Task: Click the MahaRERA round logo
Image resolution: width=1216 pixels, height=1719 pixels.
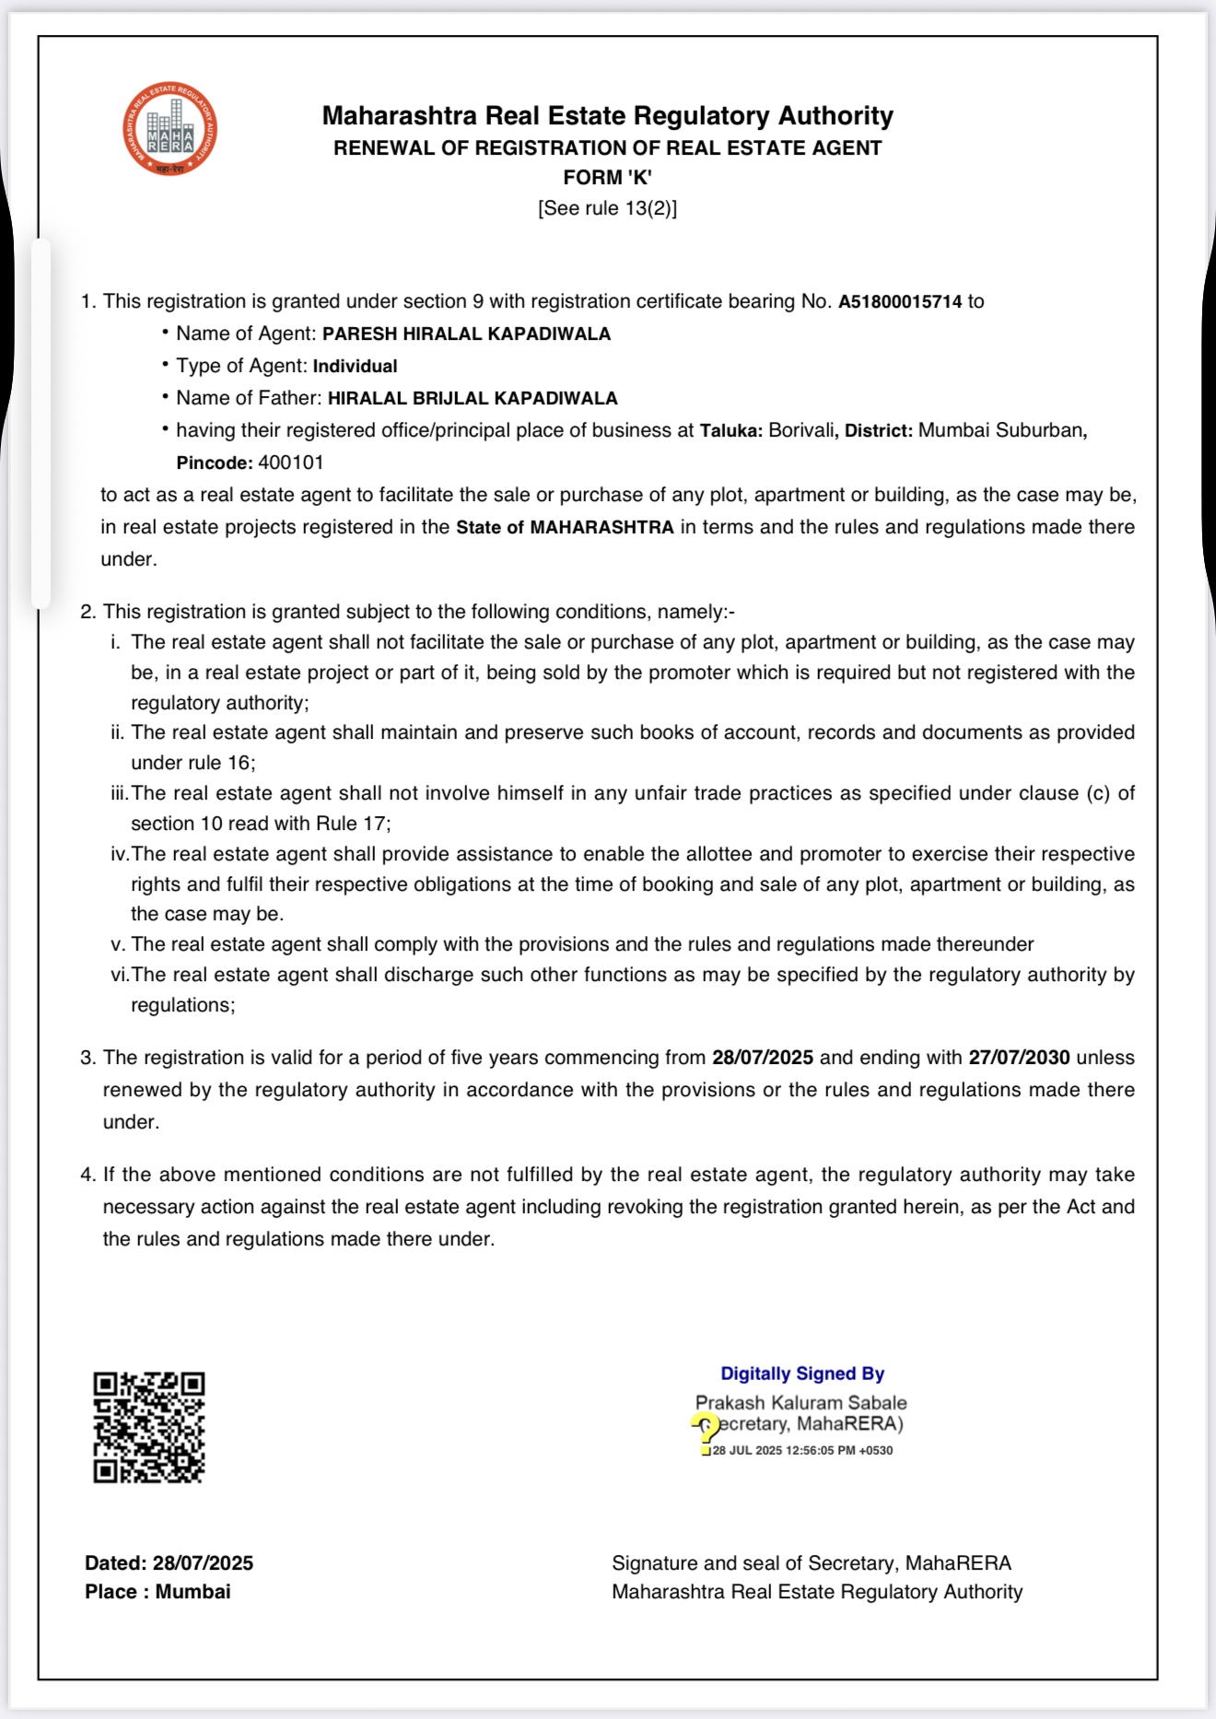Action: pos(170,129)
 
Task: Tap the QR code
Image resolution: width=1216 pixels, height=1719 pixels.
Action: pos(148,1427)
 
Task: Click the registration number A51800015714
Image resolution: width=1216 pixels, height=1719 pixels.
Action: pos(899,302)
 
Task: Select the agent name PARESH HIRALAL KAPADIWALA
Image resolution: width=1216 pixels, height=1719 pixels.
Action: pos(466,334)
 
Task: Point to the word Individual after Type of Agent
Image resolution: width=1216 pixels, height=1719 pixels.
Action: pos(355,367)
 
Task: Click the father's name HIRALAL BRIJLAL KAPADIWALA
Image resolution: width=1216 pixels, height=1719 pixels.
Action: pos(473,399)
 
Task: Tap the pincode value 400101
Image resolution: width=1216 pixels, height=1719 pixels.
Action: pos(291,462)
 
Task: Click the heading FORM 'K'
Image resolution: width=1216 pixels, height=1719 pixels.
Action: pos(607,178)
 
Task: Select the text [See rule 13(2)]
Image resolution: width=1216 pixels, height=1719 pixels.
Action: pos(607,208)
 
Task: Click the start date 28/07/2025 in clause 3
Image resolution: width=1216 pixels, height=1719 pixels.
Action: pos(762,1058)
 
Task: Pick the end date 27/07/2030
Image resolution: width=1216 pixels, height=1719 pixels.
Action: pos(1019,1058)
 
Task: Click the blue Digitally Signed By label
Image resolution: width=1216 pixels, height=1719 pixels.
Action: pos(801,1374)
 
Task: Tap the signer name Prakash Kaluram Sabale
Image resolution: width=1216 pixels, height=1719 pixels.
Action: pos(801,1403)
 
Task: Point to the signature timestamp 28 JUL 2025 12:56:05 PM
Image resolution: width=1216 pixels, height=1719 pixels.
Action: pos(802,1451)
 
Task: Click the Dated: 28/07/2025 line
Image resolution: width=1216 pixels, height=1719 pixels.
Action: pos(169,1563)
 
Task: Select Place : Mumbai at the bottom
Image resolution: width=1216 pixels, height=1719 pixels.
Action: pos(158,1592)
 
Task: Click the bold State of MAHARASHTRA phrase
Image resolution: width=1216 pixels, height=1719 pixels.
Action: pos(565,528)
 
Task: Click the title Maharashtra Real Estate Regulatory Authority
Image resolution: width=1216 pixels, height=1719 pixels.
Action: pos(607,116)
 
